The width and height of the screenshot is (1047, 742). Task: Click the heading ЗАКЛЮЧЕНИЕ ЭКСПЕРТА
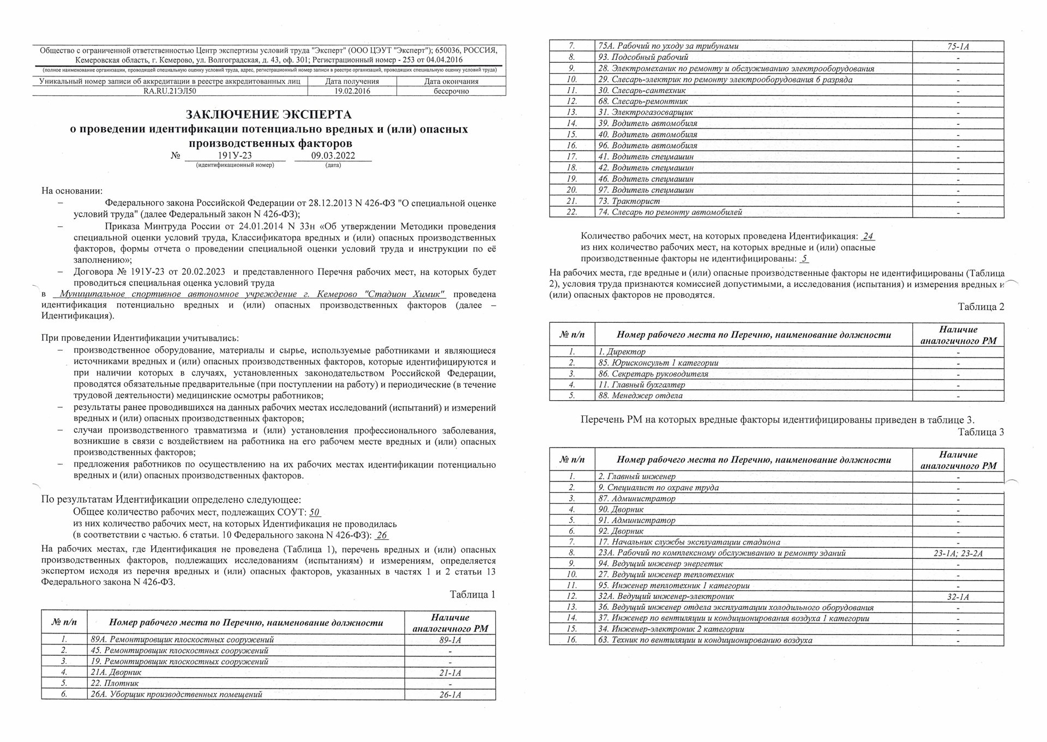[268, 115]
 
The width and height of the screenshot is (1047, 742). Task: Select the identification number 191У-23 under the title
[234, 155]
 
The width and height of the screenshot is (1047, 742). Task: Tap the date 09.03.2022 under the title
[333, 155]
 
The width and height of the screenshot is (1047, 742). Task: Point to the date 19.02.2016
[352, 91]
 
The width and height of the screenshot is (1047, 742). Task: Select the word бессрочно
[451, 91]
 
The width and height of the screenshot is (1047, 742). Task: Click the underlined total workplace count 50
[315, 512]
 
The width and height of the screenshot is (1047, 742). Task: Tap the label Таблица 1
[472, 594]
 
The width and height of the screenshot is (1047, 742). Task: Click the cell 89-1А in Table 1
[450, 640]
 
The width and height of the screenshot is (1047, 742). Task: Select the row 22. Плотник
[115, 683]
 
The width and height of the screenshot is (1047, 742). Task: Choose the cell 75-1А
[958, 47]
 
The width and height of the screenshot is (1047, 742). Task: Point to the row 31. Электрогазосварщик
[646, 112]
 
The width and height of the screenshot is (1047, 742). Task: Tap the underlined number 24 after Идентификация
[868, 237]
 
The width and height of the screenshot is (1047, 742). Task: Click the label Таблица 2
[980, 307]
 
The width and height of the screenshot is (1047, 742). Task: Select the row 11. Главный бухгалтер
[641, 385]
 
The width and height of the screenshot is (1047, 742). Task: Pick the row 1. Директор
[622, 352]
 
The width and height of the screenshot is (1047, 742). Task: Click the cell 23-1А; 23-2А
[958, 553]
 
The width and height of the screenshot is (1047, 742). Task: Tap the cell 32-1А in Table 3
[958, 597]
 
